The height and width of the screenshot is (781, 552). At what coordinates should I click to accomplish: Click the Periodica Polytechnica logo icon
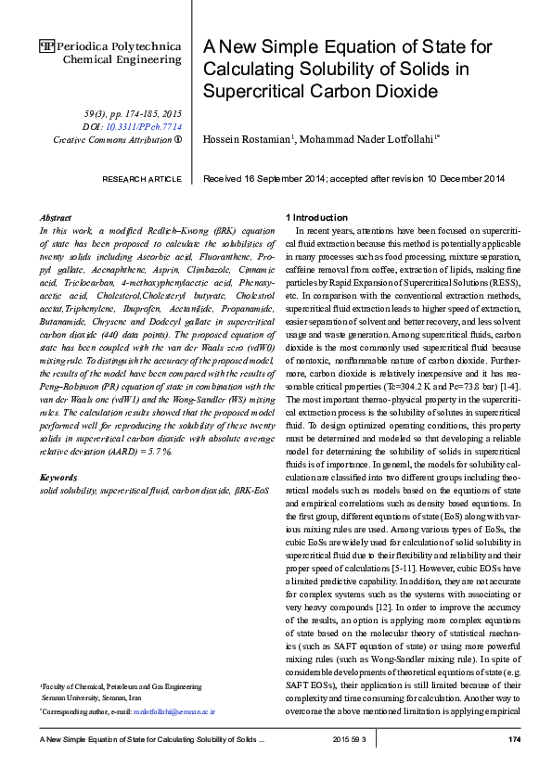click(x=46, y=45)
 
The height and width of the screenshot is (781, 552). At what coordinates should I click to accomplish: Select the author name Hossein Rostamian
click(x=247, y=138)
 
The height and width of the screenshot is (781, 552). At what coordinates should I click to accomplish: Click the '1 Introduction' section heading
click(x=316, y=217)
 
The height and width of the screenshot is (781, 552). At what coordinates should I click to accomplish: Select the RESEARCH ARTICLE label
click(x=142, y=178)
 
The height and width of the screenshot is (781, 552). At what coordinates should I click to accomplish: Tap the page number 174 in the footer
click(x=515, y=738)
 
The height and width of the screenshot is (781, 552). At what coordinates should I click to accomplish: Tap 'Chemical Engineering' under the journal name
click(x=122, y=59)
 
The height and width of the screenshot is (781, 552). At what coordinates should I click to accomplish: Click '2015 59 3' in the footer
click(x=350, y=738)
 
